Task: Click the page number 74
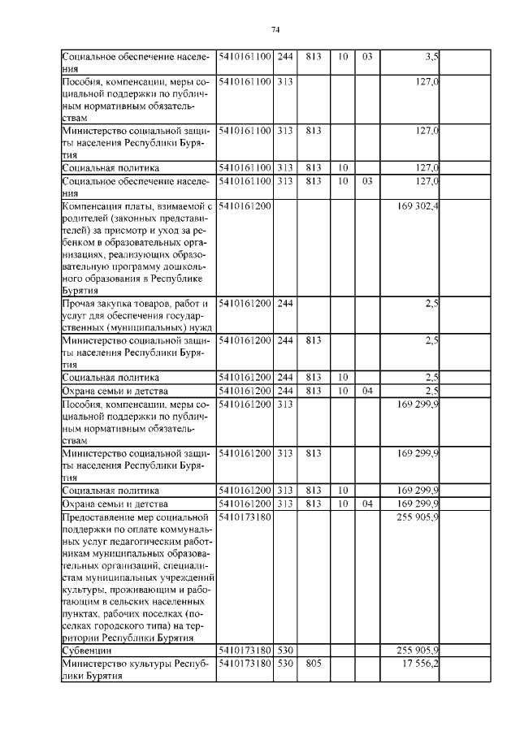275,30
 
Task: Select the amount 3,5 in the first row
431,56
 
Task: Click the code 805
314,664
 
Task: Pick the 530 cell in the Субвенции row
285,651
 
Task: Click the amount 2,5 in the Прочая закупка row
431,304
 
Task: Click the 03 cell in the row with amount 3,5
366,56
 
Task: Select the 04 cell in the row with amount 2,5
366,391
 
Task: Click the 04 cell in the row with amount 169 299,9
366,504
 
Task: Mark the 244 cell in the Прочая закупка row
285,304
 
